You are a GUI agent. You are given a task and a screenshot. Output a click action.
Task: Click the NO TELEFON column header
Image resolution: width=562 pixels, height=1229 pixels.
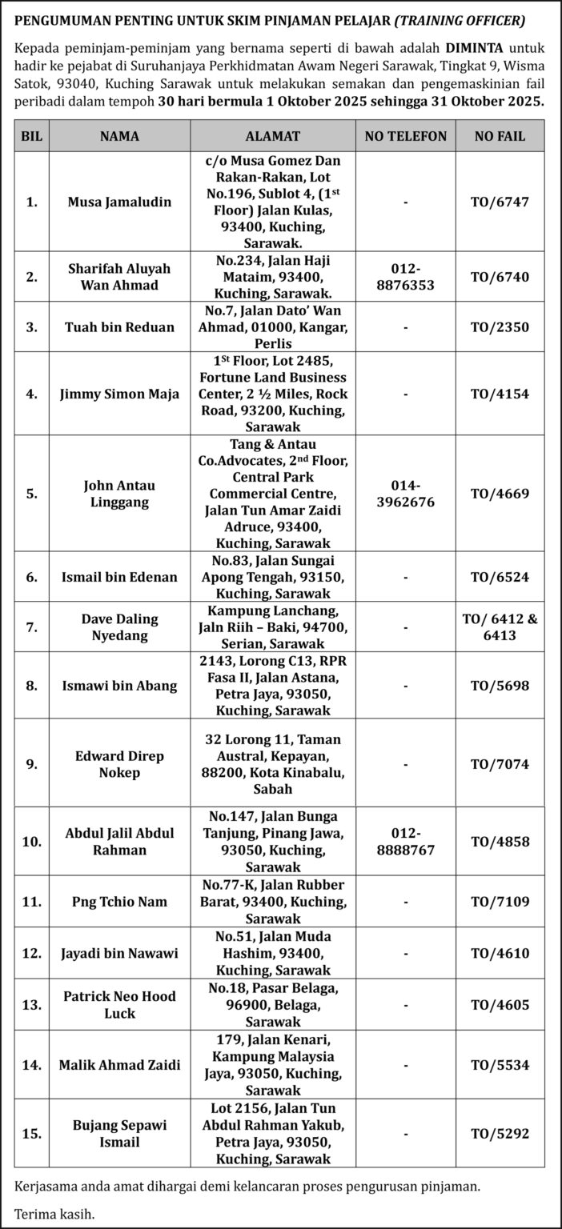[x=405, y=136]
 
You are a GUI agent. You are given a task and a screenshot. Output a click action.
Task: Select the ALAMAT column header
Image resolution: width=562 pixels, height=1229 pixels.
[x=273, y=136]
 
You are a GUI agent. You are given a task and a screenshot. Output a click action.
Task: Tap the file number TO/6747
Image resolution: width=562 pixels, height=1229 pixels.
[x=500, y=202]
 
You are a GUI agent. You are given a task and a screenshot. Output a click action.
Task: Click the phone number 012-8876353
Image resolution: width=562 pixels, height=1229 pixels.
[x=405, y=277]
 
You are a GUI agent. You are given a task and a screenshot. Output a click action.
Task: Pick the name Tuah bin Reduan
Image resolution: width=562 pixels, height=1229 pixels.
[x=119, y=327]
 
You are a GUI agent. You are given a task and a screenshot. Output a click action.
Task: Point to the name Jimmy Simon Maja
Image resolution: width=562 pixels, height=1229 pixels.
[x=119, y=394]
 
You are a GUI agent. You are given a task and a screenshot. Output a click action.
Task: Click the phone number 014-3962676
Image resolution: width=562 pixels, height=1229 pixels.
[x=405, y=494]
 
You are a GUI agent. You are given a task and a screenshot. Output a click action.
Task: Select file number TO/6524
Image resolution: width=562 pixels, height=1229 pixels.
[x=500, y=577]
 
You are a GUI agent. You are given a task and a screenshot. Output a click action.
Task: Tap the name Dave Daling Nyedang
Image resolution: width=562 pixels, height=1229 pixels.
[x=119, y=627]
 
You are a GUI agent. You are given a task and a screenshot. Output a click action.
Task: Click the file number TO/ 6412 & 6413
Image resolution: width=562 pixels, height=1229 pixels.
[x=500, y=627]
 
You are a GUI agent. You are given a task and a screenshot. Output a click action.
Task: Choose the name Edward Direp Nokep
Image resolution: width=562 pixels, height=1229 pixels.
[x=119, y=763]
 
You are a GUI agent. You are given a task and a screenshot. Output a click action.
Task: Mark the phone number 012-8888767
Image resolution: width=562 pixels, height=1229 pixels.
[x=405, y=841]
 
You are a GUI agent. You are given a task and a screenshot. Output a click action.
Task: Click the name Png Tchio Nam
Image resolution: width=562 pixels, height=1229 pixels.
[x=119, y=902]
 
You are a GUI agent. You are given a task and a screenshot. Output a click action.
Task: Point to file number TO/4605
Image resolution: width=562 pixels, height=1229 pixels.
[x=500, y=1004]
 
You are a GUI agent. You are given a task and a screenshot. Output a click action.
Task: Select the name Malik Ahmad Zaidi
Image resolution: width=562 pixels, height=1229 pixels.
[x=119, y=1065]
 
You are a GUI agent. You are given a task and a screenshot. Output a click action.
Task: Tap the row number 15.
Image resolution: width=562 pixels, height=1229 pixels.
[x=31, y=1133]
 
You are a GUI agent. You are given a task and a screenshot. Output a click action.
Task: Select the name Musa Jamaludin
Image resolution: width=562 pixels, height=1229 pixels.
[x=119, y=202]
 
